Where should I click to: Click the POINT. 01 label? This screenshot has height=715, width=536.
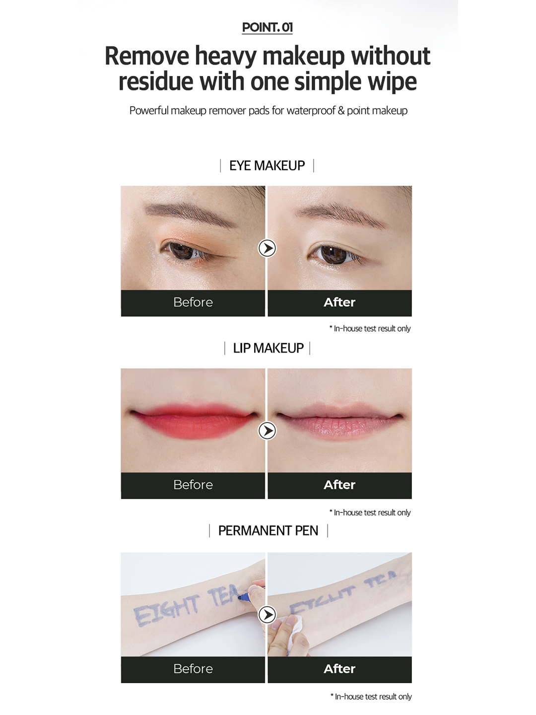267,27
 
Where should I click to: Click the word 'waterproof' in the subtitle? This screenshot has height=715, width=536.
311,111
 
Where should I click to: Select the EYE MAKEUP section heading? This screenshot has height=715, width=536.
267,166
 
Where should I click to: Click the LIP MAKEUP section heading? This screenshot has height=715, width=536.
268,348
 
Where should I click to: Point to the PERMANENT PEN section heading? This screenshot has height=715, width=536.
268,531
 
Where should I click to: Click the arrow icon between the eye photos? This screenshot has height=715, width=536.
267,249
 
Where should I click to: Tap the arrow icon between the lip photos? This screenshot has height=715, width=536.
267,431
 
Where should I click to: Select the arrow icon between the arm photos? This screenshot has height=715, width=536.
267,615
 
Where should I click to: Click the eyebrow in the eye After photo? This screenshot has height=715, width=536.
340,214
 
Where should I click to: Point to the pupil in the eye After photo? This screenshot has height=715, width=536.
334,254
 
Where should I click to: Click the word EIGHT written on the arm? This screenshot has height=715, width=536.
166,608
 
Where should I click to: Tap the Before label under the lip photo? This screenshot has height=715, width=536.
193,485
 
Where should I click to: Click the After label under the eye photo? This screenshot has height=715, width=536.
339,302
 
